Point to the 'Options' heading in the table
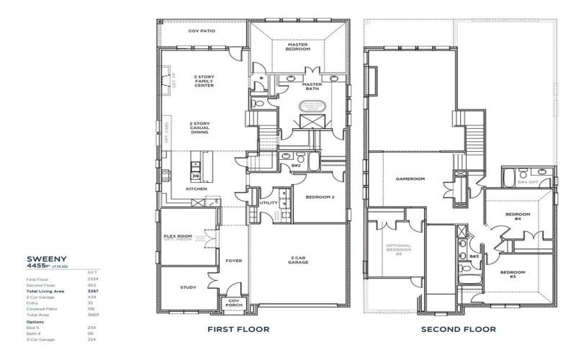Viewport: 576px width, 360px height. pyautogui.click(x=34, y=321)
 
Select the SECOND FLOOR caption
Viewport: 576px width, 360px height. pyautogui.click(x=459, y=330)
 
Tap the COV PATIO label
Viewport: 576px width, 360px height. pyautogui.click(x=202, y=31)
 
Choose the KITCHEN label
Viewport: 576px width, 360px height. pyautogui.click(x=197, y=189)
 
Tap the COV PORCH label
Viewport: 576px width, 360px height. pyautogui.click(x=234, y=303)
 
